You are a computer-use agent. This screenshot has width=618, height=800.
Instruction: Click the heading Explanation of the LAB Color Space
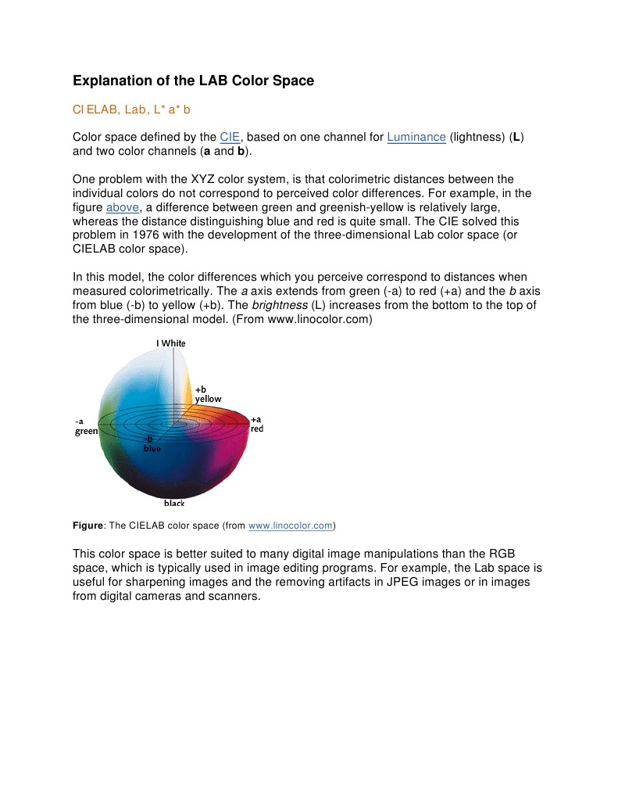click(193, 81)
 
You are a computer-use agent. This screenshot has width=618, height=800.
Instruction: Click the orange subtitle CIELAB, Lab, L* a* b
click(131, 110)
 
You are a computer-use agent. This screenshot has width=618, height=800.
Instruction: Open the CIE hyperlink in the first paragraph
click(230, 137)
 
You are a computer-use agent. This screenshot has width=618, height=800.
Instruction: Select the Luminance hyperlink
click(416, 137)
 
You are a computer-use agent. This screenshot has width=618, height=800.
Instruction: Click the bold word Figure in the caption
click(88, 526)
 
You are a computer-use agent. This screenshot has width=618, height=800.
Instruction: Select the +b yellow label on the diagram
click(207, 394)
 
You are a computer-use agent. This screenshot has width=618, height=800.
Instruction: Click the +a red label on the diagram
click(256, 424)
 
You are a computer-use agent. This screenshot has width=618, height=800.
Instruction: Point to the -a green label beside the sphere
click(86, 426)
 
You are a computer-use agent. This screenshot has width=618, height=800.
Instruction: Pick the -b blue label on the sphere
click(152, 444)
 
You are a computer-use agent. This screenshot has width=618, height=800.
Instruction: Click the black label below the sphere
click(174, 503)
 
